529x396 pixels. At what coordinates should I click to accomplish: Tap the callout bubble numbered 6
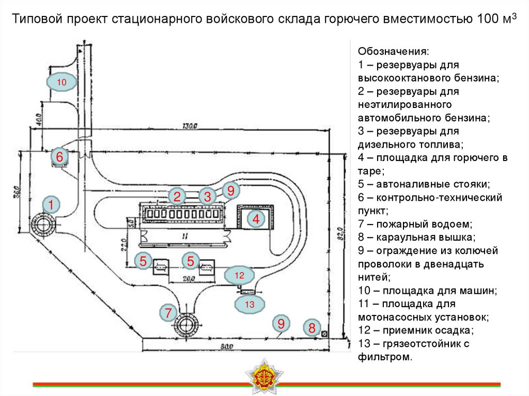59,156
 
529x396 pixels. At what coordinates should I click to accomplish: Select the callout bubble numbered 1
51,205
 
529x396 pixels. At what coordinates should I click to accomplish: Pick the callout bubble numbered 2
177,196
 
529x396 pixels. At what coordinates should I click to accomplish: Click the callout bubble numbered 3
207,196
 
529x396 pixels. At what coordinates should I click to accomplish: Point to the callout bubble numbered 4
255,219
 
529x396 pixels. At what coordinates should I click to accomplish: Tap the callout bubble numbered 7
168,312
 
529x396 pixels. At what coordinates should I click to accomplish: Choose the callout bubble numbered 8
312,327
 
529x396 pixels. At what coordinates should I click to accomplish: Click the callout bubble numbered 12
239,275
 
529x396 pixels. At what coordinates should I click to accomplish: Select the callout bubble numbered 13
250,305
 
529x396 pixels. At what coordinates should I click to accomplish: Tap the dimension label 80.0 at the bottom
223,346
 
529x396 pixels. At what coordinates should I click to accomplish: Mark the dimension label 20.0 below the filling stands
189,279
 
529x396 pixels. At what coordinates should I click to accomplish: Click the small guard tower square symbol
324,335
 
